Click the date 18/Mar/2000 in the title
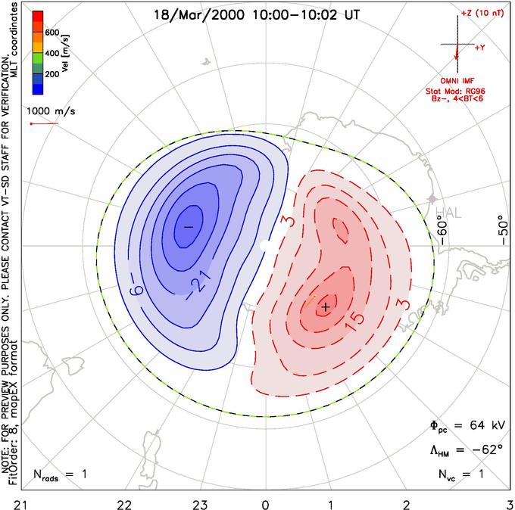(199, 15)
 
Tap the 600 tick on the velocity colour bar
(52, 33)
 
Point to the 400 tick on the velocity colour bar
(52, 53)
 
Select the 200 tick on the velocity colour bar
(52, 74)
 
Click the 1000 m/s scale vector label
(51, 111)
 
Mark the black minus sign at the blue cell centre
(188, 227)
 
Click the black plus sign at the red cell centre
(326, 307)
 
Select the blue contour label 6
(136, 290)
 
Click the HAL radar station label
(448, 213)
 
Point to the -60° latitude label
(442, 232)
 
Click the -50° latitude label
(503, 230)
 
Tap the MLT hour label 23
(200, 505)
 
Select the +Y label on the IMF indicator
(480, 48)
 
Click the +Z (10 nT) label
(482, 14)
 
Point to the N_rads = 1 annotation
(60, 474)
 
